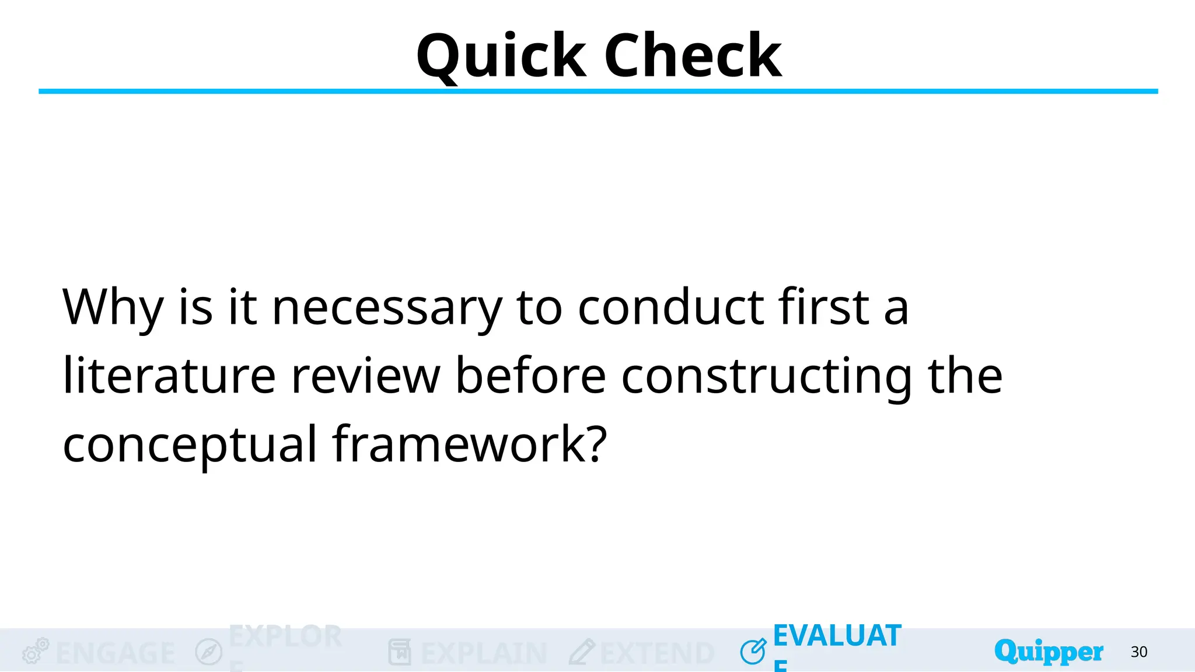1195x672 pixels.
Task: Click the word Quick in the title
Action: click(x=501, y=56)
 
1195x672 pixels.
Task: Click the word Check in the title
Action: click(x=693, y=56)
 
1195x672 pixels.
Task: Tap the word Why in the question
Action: click(x=113, y=308)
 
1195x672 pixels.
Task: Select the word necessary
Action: click(x=386, y=308)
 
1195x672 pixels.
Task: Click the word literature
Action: click(x=169, y=376)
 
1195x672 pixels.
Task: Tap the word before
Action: click(x=530, y=376)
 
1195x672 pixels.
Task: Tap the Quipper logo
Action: click(x=1049, y=652)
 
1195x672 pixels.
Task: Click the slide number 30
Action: click(x=1139, y=652)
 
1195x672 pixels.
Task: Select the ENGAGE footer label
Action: click(x=116, y=653)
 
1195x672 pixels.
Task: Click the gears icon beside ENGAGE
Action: click(x=35, y=651)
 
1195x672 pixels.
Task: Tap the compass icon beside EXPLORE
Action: click(x=208, y=652)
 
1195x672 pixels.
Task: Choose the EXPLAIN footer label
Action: click(x=484, y=653)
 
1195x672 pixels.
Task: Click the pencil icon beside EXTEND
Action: click(x=581, y=652)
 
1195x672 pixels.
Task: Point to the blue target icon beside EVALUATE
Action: click(x=753, y=651)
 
